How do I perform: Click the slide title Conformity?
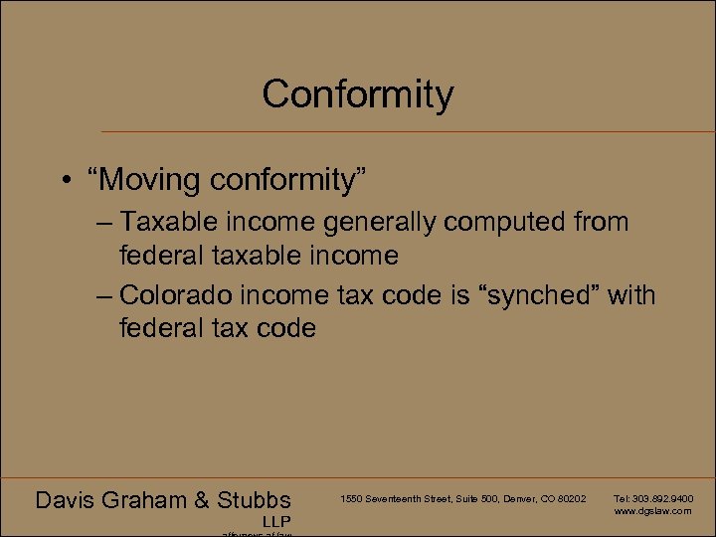(x=358, y=94)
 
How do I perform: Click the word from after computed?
(x=600, y=222)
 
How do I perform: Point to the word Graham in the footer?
(x=152, y=500)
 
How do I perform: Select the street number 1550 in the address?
(x=350, y=497)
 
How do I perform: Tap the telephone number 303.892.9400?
(x=661, y=497)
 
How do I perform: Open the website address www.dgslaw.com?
(x=652, y=510)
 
